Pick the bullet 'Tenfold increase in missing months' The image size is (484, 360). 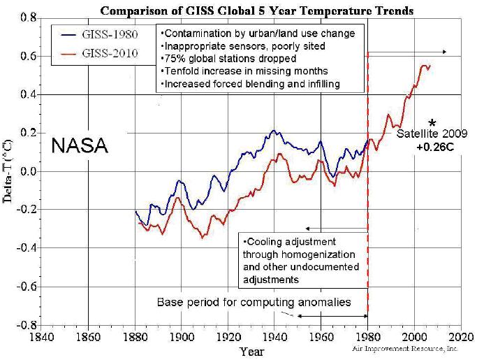[234, 71]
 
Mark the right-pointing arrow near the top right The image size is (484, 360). [413, 52]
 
